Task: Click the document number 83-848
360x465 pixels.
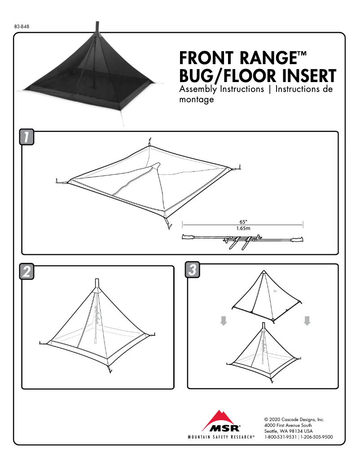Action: click(x=22, y=26)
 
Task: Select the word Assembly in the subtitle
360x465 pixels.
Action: click(x=198, y=89)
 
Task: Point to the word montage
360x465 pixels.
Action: click(x=196, y=100)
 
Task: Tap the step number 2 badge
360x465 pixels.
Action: click(x=27, y=272)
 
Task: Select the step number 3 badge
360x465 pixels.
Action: click(x=192, y=269)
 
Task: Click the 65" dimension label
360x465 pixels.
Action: click(x=243, y=222)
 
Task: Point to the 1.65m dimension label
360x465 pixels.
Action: click(x=243, y=228)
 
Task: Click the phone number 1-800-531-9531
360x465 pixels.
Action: click(x=280, y=437)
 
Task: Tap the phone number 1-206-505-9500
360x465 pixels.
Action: click(x=316, y=437)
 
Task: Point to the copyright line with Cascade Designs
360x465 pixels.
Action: click(x=294, y=420)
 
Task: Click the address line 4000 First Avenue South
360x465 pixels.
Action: click(x=288, y=426)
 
